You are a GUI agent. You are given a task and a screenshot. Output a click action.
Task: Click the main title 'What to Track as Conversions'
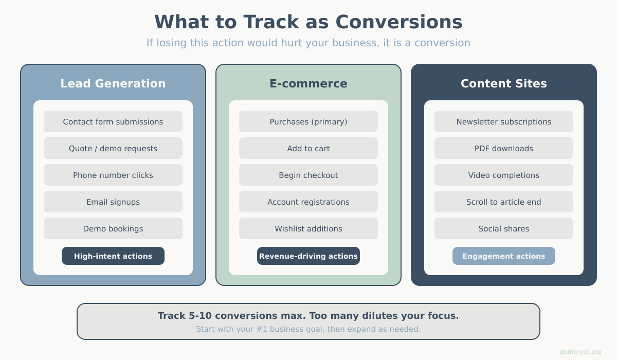tap(308, 22)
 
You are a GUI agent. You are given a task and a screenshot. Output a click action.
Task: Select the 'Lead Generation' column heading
tap(113, 84)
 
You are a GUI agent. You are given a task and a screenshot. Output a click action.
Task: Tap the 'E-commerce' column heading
tap(308, 84)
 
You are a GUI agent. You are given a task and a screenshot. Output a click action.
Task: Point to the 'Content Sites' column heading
tap(504, 84)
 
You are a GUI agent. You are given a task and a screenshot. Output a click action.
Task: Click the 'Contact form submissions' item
tap(113, 122)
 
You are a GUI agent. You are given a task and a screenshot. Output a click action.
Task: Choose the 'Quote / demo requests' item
tap(113, 149)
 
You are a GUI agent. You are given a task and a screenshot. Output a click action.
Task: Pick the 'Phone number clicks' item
tap(113, 175)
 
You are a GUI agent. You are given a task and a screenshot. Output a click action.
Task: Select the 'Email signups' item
tap(113, 202)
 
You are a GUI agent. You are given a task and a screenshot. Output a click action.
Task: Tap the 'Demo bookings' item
tap(113, 229)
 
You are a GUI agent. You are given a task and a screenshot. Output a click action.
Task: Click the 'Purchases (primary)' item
tap(308, 122)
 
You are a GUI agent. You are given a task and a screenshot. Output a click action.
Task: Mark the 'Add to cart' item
tap(308, 149)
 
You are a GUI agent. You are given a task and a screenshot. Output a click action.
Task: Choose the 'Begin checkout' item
tap(308, 175)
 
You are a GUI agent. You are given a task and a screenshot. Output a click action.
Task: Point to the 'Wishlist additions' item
tap(308, 229)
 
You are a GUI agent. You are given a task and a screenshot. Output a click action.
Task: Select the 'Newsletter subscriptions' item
tap(504, 122)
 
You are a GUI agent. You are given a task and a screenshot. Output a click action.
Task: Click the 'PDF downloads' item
tap(504, 149)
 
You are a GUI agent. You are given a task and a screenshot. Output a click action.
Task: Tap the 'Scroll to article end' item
tap(504, 202)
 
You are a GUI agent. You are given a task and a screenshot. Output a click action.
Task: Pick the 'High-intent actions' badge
tap(113, 256)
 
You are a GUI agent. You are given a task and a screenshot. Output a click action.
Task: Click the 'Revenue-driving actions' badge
tap(308, 256)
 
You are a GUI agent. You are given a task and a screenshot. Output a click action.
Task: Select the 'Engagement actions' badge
tap(504, 256)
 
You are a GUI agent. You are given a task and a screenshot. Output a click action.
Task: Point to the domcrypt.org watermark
tap(580, 352)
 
